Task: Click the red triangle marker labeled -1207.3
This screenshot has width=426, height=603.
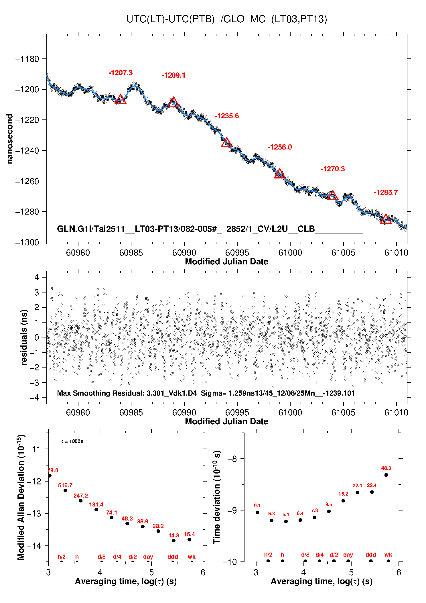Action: pos(121,99)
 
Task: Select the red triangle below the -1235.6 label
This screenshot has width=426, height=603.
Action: pos(226,143)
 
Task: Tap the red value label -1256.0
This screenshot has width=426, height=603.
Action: pos(280,147)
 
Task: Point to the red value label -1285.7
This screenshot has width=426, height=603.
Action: pos(385,193)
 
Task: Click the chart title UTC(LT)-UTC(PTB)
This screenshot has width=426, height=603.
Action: pos(170,19)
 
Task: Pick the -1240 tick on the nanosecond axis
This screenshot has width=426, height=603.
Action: pos(27,151)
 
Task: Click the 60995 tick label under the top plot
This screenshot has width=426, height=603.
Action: pos(237,253)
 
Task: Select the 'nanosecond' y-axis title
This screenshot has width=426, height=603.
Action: pos(10,139)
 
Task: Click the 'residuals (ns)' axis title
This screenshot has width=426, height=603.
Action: pos(24,337)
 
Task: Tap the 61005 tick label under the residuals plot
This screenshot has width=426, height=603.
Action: pos(343,413)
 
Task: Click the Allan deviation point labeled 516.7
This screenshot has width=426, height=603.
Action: pos(65,490)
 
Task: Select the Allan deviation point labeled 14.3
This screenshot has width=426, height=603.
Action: pos(174,541)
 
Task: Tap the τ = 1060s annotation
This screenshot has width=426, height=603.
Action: pos(72,441)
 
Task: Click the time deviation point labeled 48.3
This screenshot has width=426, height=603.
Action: pos(386,475)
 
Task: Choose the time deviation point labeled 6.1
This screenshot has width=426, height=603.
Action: pos(286,521)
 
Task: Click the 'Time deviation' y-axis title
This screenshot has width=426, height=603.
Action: pos(217,497)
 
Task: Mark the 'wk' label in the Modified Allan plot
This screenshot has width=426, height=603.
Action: pos(192,557)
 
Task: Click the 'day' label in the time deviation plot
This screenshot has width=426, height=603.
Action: pos(348,555)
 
